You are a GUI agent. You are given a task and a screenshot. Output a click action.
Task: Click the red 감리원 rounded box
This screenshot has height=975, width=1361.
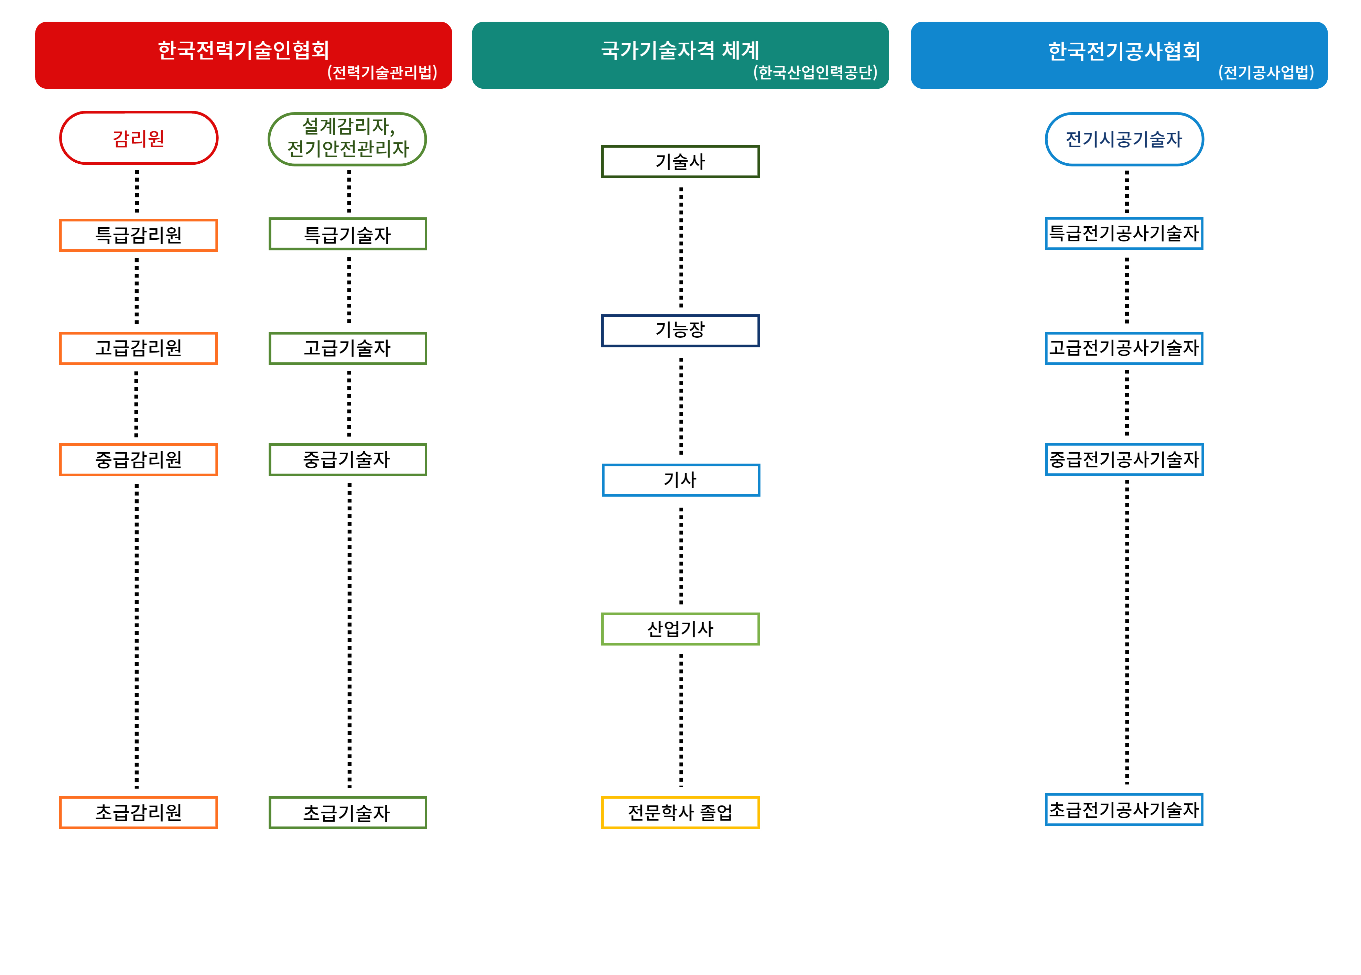point(139,138)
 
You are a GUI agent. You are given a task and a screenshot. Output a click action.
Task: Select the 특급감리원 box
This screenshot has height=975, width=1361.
point(139,235)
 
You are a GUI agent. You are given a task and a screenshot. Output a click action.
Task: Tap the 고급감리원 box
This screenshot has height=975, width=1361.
point(139,348)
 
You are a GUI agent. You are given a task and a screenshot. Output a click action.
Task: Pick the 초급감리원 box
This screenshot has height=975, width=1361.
point(139,812)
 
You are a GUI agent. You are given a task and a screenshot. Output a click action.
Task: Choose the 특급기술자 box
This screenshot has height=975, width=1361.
point(347,234)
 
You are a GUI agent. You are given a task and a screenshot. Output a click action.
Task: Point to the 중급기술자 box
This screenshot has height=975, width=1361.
point(347,459)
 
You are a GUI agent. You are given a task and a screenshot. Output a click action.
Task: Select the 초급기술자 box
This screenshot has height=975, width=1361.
point(347,812)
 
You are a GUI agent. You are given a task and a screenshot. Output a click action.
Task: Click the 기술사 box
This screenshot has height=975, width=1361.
point(680,161)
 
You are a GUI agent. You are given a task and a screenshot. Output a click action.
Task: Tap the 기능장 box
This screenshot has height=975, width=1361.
point(680,331)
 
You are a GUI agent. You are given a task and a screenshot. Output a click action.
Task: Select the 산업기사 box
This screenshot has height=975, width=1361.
point(680,629)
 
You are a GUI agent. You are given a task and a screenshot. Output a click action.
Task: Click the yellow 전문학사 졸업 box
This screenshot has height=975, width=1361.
point(680,812)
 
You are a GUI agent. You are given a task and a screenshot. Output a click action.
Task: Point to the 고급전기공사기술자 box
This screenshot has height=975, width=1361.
point(1124,348)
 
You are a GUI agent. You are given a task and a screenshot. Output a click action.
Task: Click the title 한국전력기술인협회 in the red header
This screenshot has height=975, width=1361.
point(243,50)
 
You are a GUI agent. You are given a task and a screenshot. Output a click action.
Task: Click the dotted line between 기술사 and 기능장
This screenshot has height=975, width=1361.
point(681,246)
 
